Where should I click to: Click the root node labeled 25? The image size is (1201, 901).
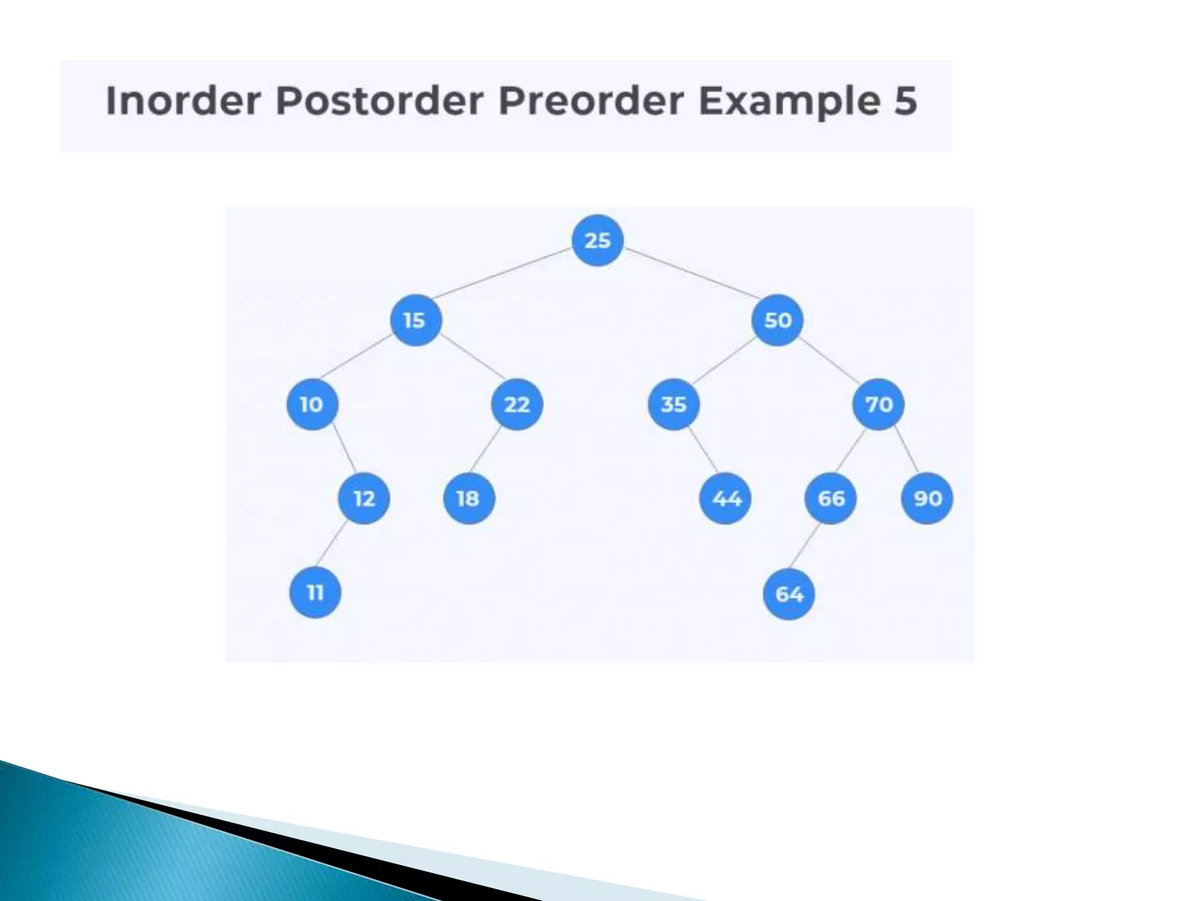tap(597, 241)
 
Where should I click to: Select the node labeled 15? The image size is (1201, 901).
tap(415, 320)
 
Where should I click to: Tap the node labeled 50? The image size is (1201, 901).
tap(778, 320)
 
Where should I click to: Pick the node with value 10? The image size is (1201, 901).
tap(312, 404)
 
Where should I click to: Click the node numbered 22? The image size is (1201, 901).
tap(517, 404)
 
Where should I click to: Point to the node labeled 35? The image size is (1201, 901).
tap(673, 404)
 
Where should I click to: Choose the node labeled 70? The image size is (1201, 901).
tap(878, 404)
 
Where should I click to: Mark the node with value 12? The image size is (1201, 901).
tap(364, 499)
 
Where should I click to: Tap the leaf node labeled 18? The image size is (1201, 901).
tap(469, 499)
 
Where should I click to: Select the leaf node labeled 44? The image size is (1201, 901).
tap(725, 499)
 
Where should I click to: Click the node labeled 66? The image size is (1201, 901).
tap(830, 499)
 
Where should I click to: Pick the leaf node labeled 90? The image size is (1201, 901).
tap(927, 499)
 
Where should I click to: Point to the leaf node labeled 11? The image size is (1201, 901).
tap(315, 592)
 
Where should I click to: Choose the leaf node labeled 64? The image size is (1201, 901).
tap(789, 594)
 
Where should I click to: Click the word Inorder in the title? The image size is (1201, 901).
tap(183, 100)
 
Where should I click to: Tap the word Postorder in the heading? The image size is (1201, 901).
tap(379, 100)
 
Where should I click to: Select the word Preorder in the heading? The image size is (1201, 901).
tap(591, 100)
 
